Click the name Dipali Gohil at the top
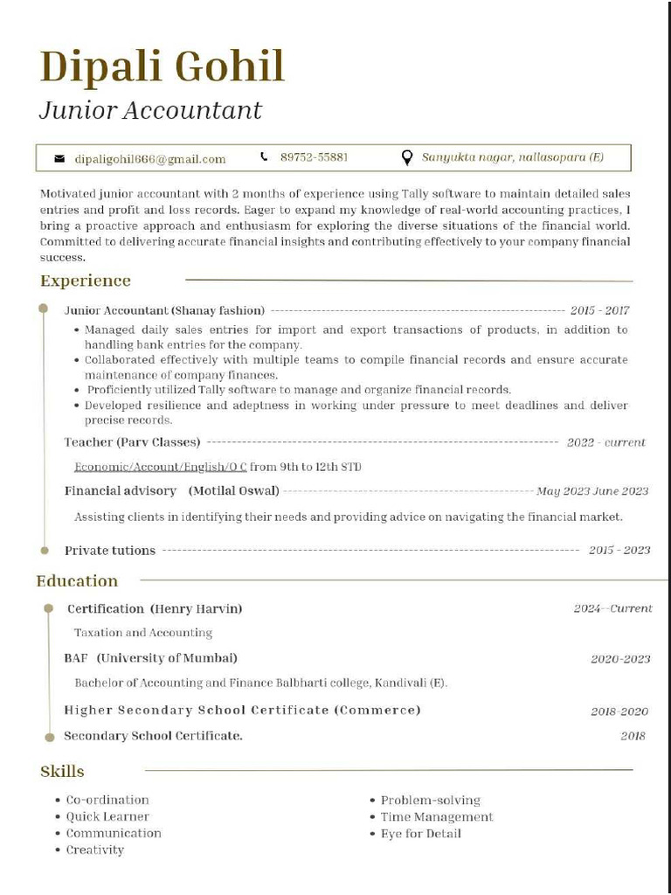click(x=163, y=66)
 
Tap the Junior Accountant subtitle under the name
click(x=150, y=111)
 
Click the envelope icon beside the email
click(x=59, y=159)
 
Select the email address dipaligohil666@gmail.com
click(x=149, y=159)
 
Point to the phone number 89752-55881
click(x=314, y=157)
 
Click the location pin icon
click(x=406, y=157)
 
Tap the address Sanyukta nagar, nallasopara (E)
click(x=512, y=157)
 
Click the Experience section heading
click(x=86, y=281)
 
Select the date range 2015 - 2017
click(x=599, y=310)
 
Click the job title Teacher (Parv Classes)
click(x=132, y=442)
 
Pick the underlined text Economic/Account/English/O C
click(x=160, y=467)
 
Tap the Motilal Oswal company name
click(x=234, y=491)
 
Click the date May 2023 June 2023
click(x=592, y=491)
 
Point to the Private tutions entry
click(x=110, y=551)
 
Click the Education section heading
click(x=77, y=581)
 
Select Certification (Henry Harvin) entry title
click(x=155, y=608)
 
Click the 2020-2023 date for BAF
click(x=620, y=659)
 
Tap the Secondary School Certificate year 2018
click(x=633, y=736)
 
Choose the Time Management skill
click(x=437, y=817)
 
